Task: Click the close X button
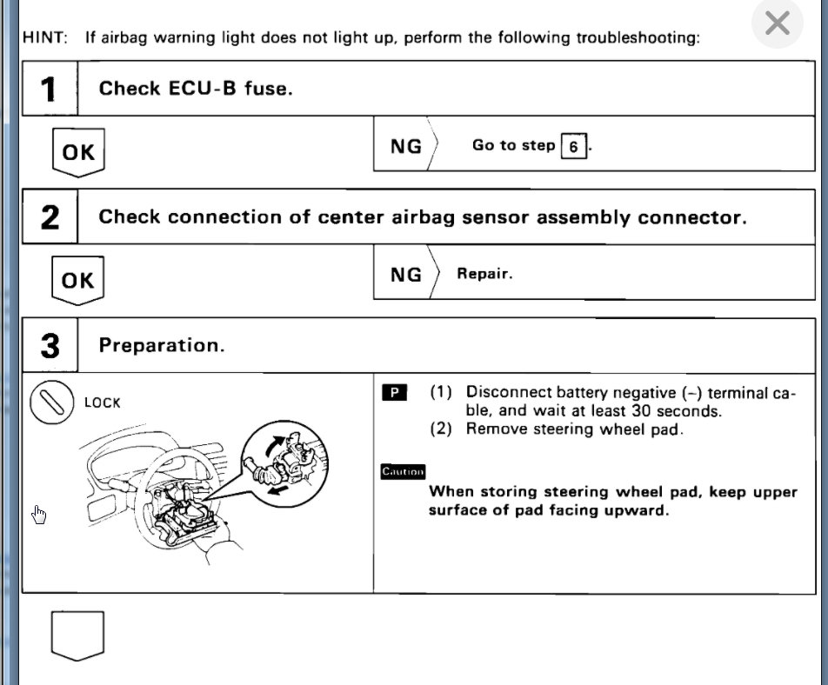point(777,24)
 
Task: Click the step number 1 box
point(50,89)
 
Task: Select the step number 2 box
point(50,217)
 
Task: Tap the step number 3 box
point(50,346)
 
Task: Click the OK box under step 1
point(78,152)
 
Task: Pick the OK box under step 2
point(78,280)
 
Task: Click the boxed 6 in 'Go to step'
point(573,146)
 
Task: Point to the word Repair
point(484,274)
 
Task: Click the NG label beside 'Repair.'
point(405,274)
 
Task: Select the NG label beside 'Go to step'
point(405,145)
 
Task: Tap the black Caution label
point(403,471)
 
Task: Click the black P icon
point(394,393)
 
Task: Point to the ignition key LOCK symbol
point(50,402)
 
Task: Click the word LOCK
point(103,403)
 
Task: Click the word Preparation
point(162,346)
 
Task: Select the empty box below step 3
point(77,634)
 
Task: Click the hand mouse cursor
point(38,515)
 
